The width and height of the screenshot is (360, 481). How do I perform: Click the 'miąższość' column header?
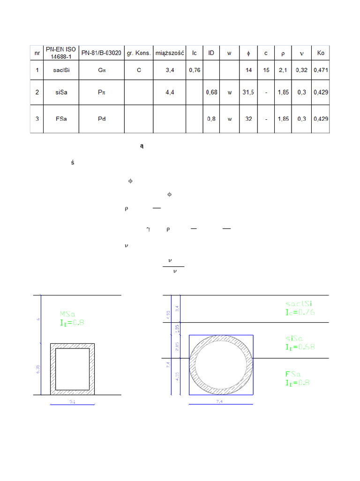170,53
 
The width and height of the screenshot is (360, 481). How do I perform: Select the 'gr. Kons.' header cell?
139,53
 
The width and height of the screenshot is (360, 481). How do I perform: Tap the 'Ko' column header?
321,53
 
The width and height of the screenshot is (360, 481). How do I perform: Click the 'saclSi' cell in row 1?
61,70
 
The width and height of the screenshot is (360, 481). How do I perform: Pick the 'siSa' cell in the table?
61,93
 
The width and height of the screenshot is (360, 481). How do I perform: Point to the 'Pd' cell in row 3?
102,119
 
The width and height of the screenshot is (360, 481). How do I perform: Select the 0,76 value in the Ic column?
195,70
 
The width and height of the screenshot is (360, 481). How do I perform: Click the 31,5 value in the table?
248,93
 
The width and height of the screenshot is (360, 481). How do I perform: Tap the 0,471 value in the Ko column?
321,70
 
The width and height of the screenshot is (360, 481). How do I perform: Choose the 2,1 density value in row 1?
283,70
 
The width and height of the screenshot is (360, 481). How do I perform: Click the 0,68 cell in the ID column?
211,93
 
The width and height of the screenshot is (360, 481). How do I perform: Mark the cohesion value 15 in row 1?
266,70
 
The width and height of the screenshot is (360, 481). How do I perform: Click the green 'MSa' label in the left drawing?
68,314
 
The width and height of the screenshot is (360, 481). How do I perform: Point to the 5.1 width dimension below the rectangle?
72,402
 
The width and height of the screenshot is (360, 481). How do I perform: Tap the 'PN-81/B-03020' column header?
102,53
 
